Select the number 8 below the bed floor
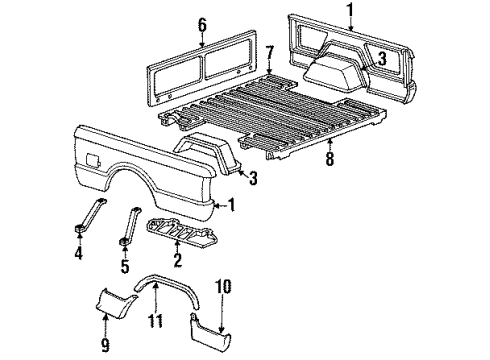[330, 156]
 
